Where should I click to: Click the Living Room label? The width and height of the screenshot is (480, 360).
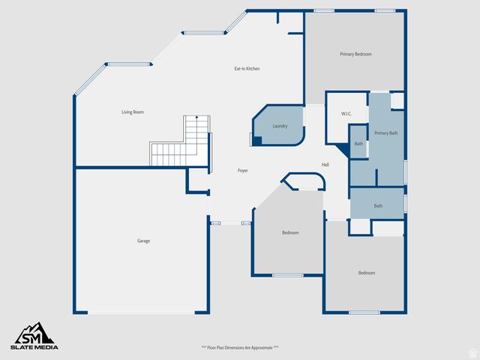point(132,112)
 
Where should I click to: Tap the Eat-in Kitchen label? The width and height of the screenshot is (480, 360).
point(247,69)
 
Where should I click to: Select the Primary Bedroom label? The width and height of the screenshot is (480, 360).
point(355,54)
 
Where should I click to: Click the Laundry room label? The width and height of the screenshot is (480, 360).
point(280,126)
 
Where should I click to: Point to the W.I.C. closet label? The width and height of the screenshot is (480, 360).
point(346,114)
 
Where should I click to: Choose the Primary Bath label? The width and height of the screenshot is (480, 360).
point(386,133)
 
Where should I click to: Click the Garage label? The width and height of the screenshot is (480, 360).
point(143,241)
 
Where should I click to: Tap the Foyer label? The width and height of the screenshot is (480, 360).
point(243,171)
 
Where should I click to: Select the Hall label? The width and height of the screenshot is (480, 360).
point(325,165)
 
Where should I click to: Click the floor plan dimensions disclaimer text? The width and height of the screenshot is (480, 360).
point(240,348)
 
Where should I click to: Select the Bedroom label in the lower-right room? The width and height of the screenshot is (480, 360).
point(366,273)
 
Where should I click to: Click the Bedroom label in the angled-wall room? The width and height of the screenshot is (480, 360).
point(290,233)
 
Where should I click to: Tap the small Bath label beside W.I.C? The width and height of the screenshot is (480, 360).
point(358,143)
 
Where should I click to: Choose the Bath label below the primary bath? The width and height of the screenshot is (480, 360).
point(378,206)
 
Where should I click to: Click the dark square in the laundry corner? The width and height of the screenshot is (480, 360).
point(256,140)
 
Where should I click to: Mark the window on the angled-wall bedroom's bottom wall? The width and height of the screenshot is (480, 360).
point(287,275)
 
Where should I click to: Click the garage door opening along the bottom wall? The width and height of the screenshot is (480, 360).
point(140,313)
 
